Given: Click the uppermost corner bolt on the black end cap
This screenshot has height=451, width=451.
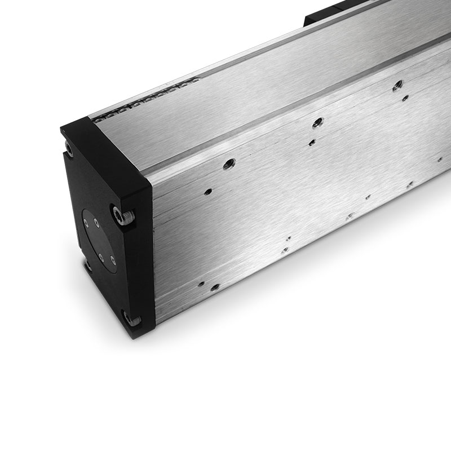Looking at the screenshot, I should (69, 148).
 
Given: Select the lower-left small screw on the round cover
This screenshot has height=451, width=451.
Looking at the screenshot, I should (100, 257).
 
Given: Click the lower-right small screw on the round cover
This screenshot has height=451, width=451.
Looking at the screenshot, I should (113, 260).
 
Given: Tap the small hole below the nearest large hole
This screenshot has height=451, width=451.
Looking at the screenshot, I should (209, 191).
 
